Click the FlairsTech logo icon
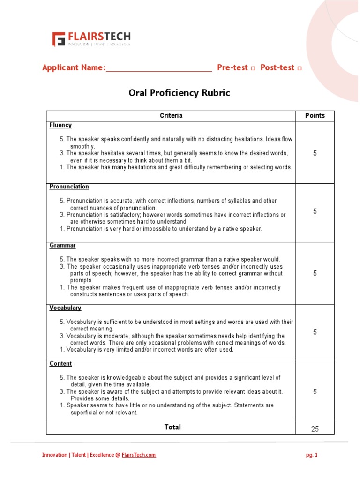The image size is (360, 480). pyautogui.click(x=59, y=39)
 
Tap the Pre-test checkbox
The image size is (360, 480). pyautogui.click(x=253, y=68)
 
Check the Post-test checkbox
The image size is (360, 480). pyautogui.click(x=299, y=68)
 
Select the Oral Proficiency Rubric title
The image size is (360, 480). pyautogui.click(x=180, y=93)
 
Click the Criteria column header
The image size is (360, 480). pyautogui.click(x=171, y=116)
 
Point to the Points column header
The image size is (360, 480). pyautogui.click(x=315, y=116)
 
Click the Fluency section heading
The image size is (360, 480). pyautogui.click(x=60, y=125)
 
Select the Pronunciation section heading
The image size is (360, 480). pyautogui.click(x=69, y=187)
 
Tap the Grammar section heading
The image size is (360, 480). pyautogui.click(x=63, y=245)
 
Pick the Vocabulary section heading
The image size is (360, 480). pyautogui.click(x=65, y=308)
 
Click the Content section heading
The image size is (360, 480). pyautogui.click(x=60, y=364)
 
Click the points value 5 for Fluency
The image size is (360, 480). pyautogui.click(x=315, y=153)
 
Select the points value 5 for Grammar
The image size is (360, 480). pyautogui.click(x=315, y=273)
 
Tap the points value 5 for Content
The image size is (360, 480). pyautogui.click(x=315, y=391)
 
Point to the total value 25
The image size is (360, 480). pyautogui.click(x=315, y=429)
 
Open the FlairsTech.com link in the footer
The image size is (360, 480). pyautogui.click(x=139, y=455)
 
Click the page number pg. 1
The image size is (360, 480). pyautogui.click(x=311, y=455)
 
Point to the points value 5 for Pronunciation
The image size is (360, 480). pyautogui.click(x=315, y=211)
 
